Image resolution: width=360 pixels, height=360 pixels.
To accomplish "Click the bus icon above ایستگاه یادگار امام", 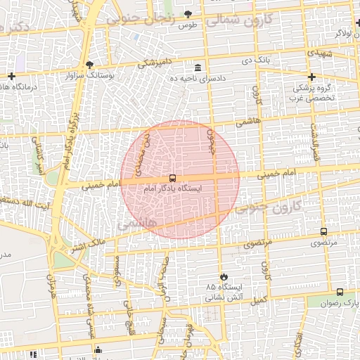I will (x=173, y=179).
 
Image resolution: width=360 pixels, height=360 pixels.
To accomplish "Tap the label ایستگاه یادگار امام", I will (x=172, y=189).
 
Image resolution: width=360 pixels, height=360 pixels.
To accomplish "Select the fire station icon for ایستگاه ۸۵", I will (x=224, y=276).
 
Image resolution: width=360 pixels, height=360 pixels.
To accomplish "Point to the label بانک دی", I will (x=257, y=62).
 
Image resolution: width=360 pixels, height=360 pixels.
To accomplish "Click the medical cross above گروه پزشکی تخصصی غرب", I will (x=311, y=77).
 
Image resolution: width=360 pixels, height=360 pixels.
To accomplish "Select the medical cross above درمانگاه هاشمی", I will (x=11, y=76).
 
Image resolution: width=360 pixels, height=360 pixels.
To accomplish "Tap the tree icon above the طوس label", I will (x=187, y=14).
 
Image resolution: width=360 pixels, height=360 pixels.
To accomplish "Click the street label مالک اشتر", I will (x=87, y=247).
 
